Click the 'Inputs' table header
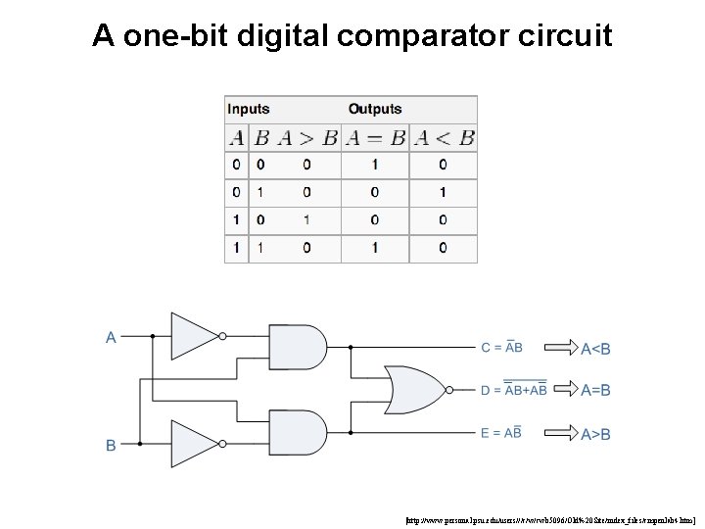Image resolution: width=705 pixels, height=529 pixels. click(248, 109)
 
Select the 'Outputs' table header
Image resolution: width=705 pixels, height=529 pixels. click(375, 109)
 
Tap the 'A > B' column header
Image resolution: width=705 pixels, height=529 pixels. click(306, 138)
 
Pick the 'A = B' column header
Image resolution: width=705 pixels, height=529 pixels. click(375, 138)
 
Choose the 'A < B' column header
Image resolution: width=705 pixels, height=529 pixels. click(443, 138)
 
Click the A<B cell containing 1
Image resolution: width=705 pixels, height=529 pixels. click(443, 193)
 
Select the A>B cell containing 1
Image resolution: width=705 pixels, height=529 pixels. click(306, 220)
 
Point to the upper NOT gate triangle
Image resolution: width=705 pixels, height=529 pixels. click(193, 335)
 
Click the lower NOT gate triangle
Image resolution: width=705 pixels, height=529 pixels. click(193, 444)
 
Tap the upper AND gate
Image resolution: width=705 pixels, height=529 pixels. click(297, 347)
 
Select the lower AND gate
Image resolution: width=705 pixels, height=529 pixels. click(297, 432)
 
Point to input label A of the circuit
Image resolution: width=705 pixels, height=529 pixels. click(111, 337)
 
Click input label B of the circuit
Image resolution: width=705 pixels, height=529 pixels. click(111, 445)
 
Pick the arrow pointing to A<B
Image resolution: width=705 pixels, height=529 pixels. click(561, 348)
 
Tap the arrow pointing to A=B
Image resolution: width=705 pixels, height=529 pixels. click(561, 390)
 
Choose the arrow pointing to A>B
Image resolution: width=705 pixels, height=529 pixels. click(561, 432)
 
